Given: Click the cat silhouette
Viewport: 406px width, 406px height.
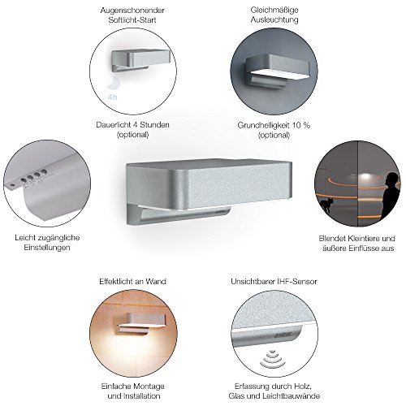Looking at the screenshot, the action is click(326, 205).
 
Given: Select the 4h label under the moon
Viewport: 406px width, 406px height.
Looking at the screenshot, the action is click(112, 97).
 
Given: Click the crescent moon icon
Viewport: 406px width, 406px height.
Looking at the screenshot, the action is click(113, 83).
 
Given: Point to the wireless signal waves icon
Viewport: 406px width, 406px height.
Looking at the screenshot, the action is click(272, 359).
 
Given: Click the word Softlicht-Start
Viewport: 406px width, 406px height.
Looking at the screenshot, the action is click(132, 19).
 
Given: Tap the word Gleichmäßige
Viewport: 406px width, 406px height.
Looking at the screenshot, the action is click(274, 10).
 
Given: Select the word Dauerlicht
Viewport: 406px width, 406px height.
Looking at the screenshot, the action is click(114, 125).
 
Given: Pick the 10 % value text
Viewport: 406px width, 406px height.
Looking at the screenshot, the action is click(300, 125).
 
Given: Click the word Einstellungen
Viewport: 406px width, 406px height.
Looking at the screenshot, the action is click(47, 248).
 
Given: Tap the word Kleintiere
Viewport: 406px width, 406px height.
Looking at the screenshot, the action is click(363, 239).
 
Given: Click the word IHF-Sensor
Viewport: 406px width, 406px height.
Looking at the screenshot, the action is click(296, 282).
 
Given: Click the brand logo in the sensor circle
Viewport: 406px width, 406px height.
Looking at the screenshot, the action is click(283, 335).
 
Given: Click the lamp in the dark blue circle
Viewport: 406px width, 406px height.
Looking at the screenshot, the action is click(274, 71).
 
